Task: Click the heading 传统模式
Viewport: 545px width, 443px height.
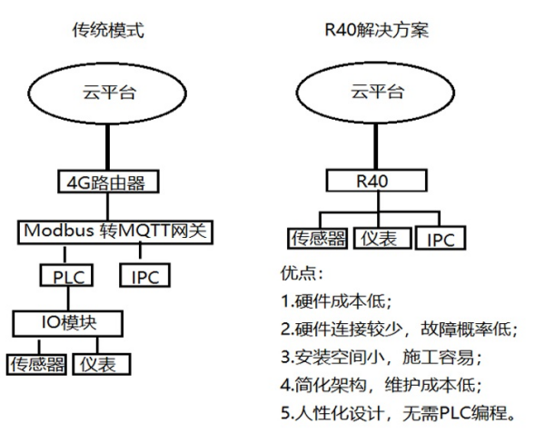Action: (x=108, y=31)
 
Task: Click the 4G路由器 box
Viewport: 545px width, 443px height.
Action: (x=108, y=182)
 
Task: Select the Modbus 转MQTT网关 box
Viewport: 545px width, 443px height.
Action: (x=115, y=231)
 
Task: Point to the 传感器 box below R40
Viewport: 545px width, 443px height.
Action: (x=318, y=238)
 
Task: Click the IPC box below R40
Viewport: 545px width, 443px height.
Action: (x=441, y=239)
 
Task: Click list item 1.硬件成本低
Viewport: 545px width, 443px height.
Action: (x=340, y=300)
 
